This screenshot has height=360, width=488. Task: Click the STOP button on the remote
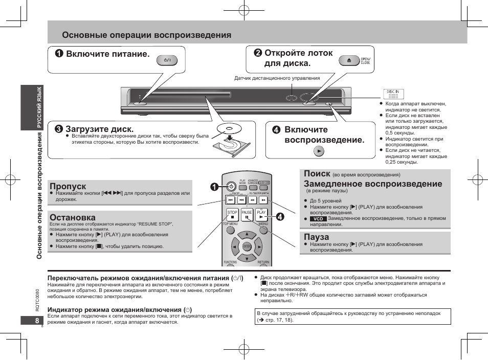tap(232, 215)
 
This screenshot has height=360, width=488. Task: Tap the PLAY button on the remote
tap(262, 215)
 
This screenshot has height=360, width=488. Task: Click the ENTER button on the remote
tap(247, 246)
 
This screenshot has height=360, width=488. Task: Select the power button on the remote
tap(231, 186)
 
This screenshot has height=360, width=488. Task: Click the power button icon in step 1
tap(167, 60)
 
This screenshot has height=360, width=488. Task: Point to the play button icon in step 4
tap(319, 151)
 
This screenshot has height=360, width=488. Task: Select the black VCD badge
tap(318, 218)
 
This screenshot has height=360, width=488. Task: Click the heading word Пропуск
tap(68, 186)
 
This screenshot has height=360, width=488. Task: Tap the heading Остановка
tap(73, 217)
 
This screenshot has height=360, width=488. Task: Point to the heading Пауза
tap(317, 237)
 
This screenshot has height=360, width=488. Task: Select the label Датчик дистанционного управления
tap(277, 78)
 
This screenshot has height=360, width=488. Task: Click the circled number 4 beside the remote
tap(280, 216)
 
